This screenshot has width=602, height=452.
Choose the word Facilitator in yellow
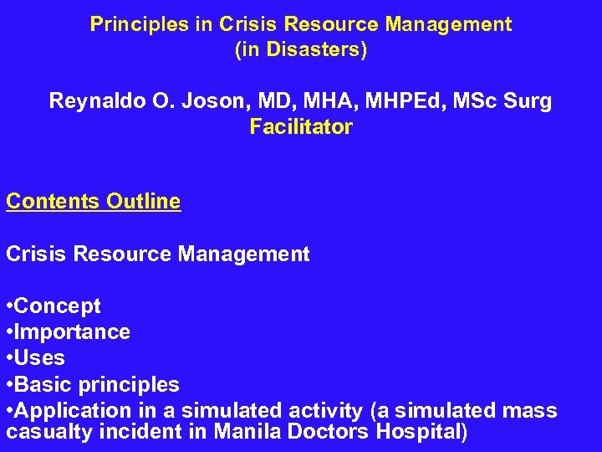[301, 128]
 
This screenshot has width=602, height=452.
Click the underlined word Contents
[54, 202]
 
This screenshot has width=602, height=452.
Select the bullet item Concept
[57, 306]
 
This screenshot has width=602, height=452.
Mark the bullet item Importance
[72, 332]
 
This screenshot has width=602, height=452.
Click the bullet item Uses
[39, 358]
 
